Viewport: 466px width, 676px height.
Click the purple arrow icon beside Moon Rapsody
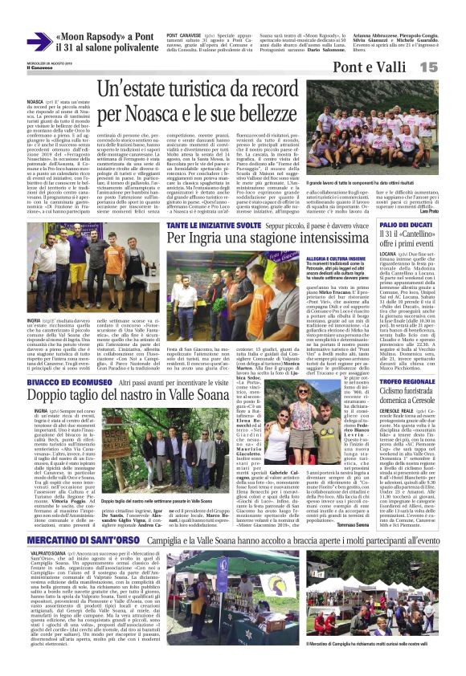pyautogui.click(x=38, y=42)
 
